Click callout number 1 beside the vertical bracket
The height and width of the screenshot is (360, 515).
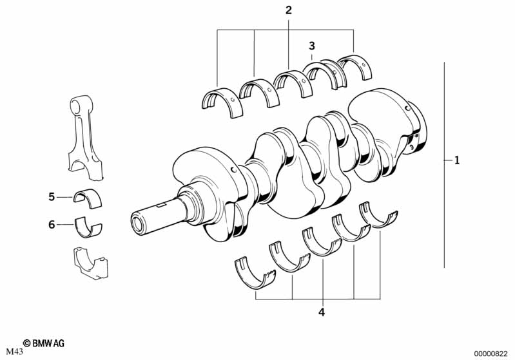(x=457, y=160)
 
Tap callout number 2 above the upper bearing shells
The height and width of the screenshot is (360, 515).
(x=288, y=10)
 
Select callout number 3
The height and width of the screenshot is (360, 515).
(x=312, y=46)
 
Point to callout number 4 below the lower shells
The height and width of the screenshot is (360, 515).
(x=322, y=312)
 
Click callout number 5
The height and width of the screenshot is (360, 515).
(x=52, y=197)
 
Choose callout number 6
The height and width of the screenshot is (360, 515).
(x=52, y=225)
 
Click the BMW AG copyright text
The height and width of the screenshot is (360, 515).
(x=44, y=343)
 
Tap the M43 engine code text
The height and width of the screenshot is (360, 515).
(x=14, y=352)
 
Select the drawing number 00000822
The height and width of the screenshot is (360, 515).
(x=491, y=354)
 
